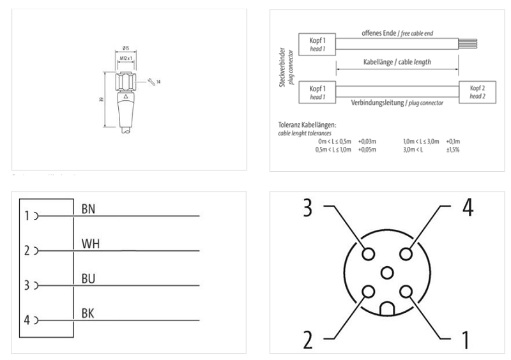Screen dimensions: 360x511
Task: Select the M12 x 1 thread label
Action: (x=126, y=59)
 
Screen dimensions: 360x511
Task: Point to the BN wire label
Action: (x=90, y=209)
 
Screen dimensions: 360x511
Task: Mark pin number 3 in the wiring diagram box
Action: (x=27, y=285)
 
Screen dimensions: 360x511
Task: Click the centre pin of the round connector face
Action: (x=386, y=273)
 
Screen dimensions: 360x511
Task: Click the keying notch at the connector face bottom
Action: (x=386, y=310)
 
